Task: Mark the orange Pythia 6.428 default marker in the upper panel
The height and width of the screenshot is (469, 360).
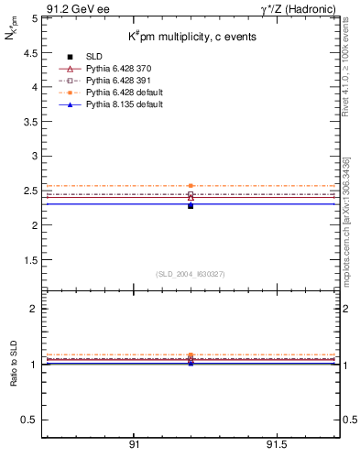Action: (x=191, y=186)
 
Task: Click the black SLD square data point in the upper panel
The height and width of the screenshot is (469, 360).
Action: (x=191, y=206)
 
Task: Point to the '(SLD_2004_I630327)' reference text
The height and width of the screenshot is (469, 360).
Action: (x=191, y=273)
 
